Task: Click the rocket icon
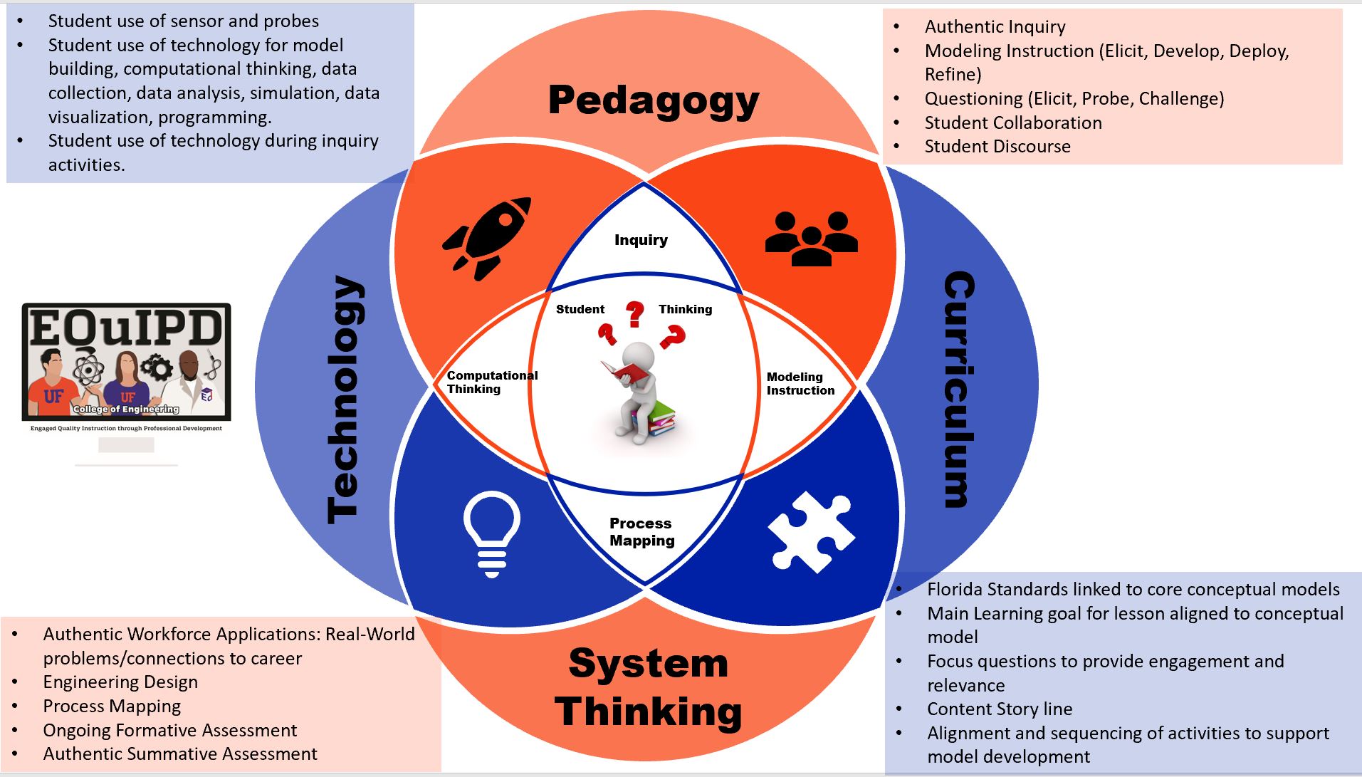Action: coord(487,237)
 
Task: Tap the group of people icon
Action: coord(811,239)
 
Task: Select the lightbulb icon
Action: coord(491,532)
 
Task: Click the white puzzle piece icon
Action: coord(811,531)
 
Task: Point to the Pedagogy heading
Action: coord(654,100)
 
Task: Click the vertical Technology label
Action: coord(345,400)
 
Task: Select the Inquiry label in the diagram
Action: coord(641,240)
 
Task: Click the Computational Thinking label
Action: coord(491,382)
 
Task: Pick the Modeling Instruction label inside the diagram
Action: coord(800,383)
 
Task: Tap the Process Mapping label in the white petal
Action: coord(641,531)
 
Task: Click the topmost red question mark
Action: coord(634,313)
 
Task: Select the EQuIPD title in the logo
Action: coord(127,329)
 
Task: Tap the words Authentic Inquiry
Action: coord(995,27)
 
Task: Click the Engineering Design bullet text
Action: coord(120,682)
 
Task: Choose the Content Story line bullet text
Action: coord(999,709)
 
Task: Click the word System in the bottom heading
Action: coord(648,664)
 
